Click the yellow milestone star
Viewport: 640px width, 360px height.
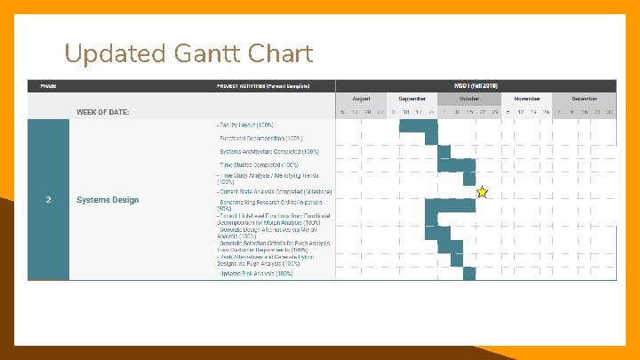[x=482, y=192]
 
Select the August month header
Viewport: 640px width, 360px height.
[x=361, y=99]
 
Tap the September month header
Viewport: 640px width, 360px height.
[x=412, y=99]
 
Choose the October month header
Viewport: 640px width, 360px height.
[x=468, y=99]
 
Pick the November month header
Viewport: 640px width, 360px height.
[x=527, y=99]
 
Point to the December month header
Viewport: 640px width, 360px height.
[x=584, y=99]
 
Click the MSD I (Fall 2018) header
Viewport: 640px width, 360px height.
[x=476, y=85]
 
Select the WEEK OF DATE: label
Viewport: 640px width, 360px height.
[x=102, y=112]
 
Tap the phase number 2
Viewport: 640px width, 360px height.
[x=48, y=200]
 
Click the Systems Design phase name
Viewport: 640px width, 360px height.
[x=108, y=200]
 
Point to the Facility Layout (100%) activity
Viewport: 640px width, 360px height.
[x=245, y=126]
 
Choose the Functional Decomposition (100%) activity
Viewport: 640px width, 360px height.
[x=261, y=139]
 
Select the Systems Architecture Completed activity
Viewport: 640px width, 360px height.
[x=269, y=152]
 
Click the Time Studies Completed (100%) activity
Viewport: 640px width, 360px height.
[x=259, y=164]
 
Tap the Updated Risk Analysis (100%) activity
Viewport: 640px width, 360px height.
[x=256, y=274]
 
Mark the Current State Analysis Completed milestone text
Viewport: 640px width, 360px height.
[x=276, y=191]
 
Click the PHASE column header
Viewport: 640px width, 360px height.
[x=48, y=85]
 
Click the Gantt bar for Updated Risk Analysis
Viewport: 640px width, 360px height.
[x=469, y=274]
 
